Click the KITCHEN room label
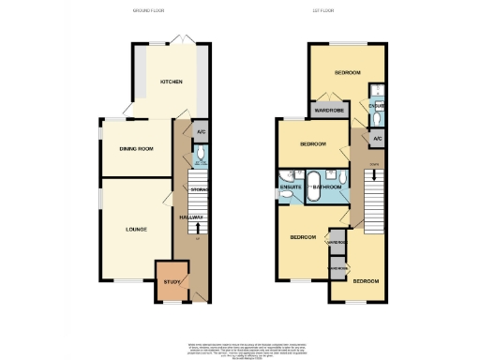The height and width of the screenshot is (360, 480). click(x=171, y=82)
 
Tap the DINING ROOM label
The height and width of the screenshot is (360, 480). click(x=135, y=148)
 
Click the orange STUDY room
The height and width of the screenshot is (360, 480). click(x=171, y=281)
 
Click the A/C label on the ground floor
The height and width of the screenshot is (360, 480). click(x=201, y=132)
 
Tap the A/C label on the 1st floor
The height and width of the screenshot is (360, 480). click(x=378, y=139)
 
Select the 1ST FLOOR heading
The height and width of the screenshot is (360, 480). click(x=350, y=11)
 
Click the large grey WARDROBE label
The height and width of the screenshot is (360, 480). click(x=327, y=111)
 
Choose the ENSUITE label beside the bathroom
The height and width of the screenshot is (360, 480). click(x=291, y=187)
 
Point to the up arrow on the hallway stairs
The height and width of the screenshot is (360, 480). click(x=198, y=228)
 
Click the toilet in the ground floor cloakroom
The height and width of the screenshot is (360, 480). click(x=202, y=157)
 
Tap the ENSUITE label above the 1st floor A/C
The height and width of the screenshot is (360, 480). click(x=377, y=106)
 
